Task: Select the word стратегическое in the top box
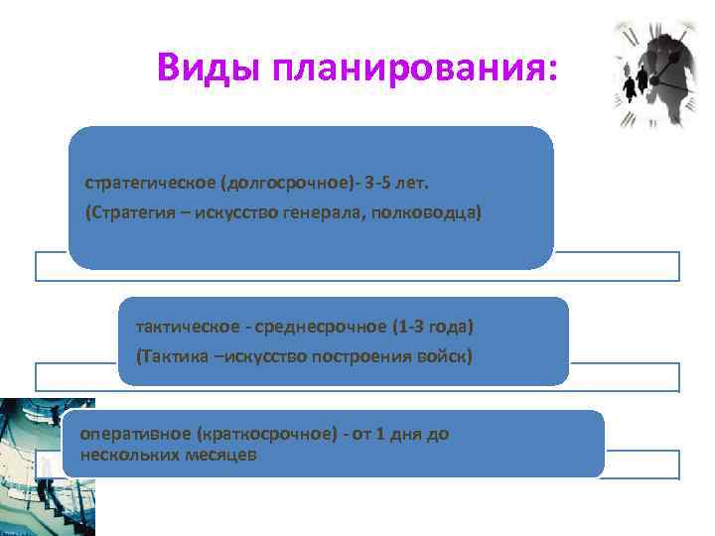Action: pyautogui.click(x=149, y=183)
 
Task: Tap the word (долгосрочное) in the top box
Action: pyautogui.click(x=273, y=183)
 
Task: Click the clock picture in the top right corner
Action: pyautogui.click(x=655, y=75)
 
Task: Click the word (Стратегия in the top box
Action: pyautogui.click(x=128, y=213)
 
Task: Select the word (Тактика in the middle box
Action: pyautogui.click(x=171, y=356)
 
